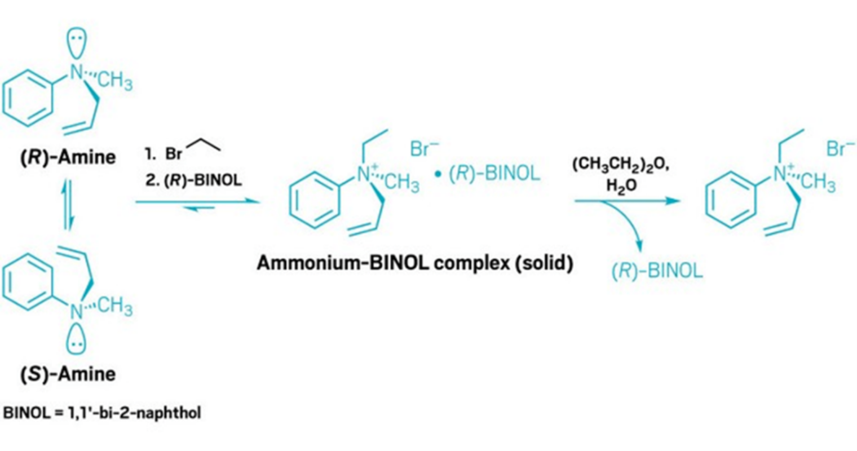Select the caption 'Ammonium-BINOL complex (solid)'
point(414,263)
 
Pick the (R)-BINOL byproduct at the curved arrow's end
point(657,271)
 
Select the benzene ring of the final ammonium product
point(731,201)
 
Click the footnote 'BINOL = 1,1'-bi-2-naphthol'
point(102,413)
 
